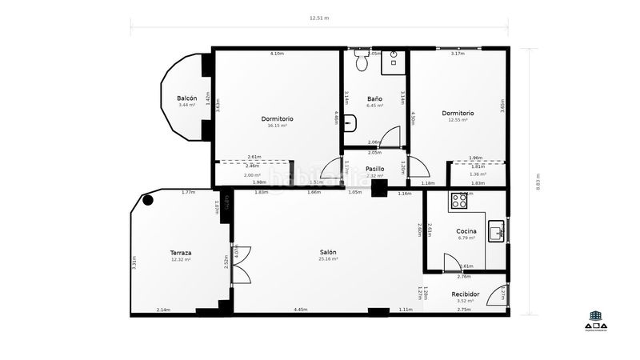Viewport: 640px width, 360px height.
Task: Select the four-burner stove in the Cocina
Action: point(460,200)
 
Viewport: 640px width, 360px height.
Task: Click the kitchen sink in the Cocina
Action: point(496,232)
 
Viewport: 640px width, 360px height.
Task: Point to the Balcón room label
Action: point(187,98)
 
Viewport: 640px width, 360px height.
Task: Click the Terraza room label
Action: point(180,253)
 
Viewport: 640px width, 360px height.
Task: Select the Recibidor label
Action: point(466,294)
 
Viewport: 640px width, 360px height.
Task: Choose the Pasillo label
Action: point(374,169)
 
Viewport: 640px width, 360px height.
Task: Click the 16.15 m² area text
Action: point(277,126)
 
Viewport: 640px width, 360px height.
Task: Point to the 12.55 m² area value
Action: point(458,120)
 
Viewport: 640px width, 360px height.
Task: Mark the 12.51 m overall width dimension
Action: point(320,17)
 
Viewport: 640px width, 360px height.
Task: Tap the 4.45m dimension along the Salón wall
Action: point(301,310)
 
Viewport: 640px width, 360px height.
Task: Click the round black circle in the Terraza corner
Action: point(148,201)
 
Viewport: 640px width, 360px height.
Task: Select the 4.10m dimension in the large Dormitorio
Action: point(277,54)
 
